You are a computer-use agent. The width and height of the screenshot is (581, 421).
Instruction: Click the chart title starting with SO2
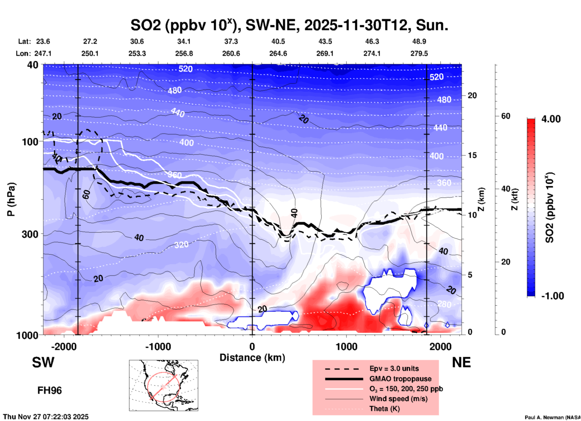[x=289, y=25]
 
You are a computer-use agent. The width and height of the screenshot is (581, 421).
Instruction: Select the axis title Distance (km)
[x=252, y=358]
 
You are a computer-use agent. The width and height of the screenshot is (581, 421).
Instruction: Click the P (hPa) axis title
[x=11, y=199]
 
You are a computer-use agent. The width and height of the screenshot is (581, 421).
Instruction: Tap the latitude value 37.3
[x=231, y=41]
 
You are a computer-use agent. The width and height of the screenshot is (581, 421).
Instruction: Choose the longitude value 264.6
[x=278, y=53]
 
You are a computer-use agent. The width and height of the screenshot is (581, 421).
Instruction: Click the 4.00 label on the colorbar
[x=551, y=119]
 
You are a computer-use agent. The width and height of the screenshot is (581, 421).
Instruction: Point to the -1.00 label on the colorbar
[x=552, y=296]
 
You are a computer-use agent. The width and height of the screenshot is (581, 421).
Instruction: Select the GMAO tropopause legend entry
[x=400, y=379]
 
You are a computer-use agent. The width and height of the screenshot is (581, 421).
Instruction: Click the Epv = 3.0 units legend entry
[x=394, y=368]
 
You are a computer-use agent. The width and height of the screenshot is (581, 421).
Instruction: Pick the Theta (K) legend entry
[x=384, y=409]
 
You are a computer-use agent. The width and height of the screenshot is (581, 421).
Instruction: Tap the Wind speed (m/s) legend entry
[x=398, y=399]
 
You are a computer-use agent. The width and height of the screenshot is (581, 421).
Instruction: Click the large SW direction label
[x=43, y=362]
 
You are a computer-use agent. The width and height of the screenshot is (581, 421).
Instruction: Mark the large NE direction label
[x=461, y=362]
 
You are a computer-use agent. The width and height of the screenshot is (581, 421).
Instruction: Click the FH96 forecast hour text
[x=49, y=390]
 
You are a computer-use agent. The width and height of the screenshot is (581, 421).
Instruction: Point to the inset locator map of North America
[x=164, y=385]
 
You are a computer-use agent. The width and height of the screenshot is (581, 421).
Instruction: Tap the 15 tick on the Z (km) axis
[x=472, y=155]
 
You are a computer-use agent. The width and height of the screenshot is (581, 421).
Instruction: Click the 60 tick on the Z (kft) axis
[x=506, y=116]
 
